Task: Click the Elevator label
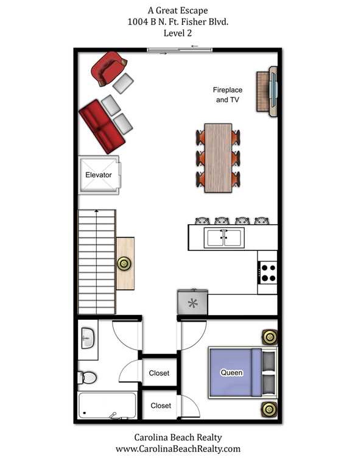[98, 175]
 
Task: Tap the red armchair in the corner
[108, 68]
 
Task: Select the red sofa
[102, 127]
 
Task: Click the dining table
[218, 158]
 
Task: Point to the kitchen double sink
[224, 238]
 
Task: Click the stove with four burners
[267, 272]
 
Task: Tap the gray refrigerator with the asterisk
[192, 302]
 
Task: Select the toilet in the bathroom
[87, 378]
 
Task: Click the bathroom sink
[88, 338]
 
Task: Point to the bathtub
[107, 405]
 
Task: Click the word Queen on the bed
[232, 373]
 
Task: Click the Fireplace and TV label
[228, 95]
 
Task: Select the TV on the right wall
[274, 91]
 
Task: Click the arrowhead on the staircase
[97, 211]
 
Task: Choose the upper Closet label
[159, 373]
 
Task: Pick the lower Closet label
[161, 406]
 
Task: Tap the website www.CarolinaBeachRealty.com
[178, 449]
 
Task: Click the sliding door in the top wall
[180, 50]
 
